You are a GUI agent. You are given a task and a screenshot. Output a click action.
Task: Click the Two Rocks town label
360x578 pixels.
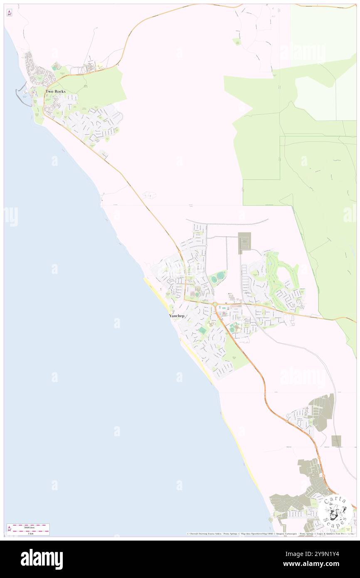pos(55,91)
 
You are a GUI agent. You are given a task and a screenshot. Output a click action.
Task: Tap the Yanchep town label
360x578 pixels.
pos(177,316)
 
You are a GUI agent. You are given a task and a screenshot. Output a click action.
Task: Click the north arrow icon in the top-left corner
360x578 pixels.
pos(9,13)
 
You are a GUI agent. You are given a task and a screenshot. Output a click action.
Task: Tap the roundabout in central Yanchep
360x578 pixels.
pos(214,305)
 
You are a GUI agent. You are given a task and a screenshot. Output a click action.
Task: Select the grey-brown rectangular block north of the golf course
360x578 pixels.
pos(244,243)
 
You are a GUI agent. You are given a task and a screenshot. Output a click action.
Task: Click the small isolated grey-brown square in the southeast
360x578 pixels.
pos(336,441)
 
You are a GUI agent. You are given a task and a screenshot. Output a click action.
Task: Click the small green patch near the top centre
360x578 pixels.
pos(237,41)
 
